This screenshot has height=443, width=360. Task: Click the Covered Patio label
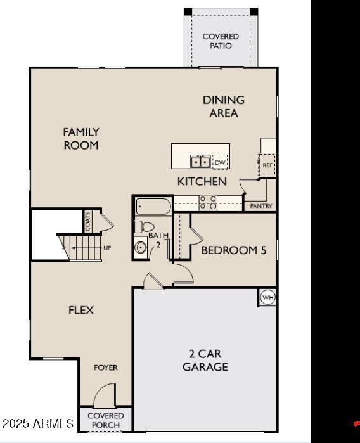coord(221,41)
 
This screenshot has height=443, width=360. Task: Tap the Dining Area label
coord(223,106)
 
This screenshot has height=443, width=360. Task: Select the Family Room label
coord(81,139)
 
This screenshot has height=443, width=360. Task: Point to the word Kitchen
coord(202,182)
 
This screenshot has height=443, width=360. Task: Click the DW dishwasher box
coord(220,162)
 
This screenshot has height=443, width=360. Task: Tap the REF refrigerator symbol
coord(267,165)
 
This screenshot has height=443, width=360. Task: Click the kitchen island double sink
coord(201,161)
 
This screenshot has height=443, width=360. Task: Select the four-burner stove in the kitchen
coord(209,202)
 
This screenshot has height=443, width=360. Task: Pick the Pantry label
coord(261,206)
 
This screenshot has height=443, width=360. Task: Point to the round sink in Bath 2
coord(141,247)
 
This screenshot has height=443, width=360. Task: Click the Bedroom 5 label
coord(233,250)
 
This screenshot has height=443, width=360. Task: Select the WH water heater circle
coord(268,297)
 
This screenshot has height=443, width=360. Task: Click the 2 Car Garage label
coord(205,360)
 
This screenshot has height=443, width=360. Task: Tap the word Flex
coord(81,310)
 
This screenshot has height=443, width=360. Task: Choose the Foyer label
coord(106,368)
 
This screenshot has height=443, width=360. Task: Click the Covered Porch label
coord(106,420)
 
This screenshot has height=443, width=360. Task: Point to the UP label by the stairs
coord(107,248)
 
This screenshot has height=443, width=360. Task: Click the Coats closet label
coord(87,221)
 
